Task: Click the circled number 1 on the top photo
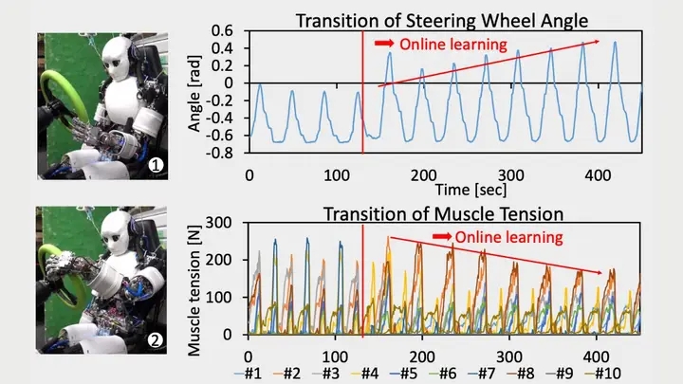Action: click(157, 166)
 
